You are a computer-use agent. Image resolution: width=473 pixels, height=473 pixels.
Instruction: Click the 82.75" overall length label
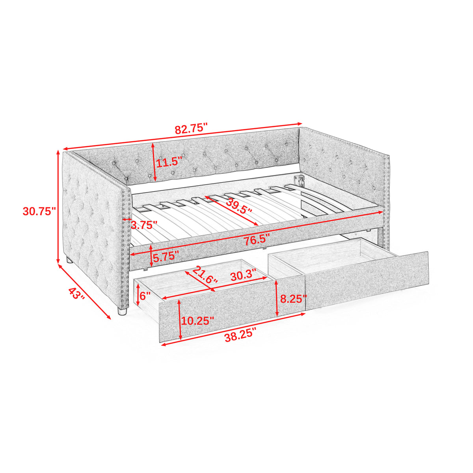coord(191,129)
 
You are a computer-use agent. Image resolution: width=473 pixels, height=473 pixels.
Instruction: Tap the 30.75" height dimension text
coord(37,211)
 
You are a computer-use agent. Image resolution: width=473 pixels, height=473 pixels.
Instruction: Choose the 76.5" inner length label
coord(256,239)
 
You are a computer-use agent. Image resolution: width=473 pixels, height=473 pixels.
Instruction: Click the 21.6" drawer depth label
coord(205,274)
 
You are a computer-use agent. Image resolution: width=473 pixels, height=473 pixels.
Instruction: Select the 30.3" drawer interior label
coord(243,275)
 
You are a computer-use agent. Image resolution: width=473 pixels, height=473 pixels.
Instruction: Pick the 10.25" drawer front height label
coord(198,320)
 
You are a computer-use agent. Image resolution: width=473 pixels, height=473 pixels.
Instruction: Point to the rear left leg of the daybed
coord(69,260)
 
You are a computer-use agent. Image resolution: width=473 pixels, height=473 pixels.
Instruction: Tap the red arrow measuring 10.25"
coord(180,319)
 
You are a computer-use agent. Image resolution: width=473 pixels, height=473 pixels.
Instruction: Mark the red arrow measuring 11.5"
coord(154,162)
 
